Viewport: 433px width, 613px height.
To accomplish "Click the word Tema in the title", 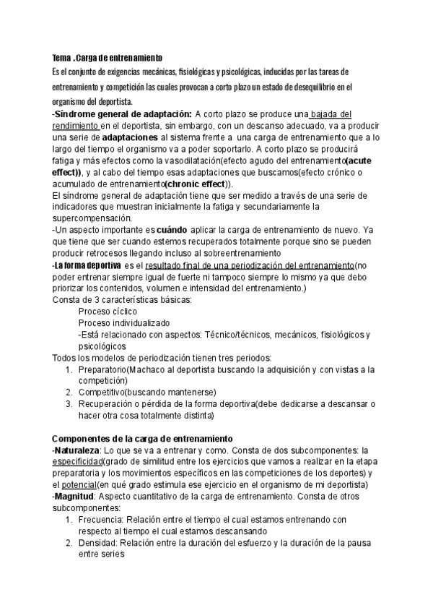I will (x=61, y=57).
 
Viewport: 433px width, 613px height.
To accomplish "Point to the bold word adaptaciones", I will (x=127, y=137).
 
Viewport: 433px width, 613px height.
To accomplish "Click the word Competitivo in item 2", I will (x=102, y=393).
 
